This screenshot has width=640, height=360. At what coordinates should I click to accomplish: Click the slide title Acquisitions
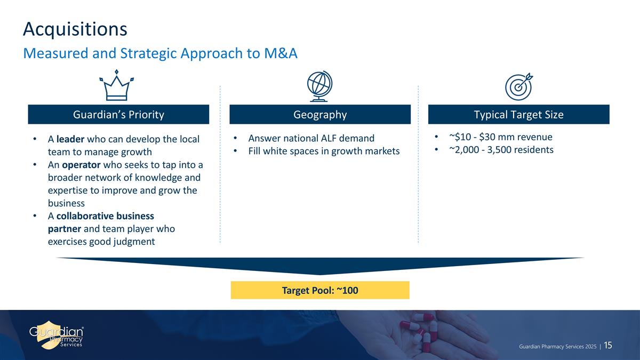(75, 29)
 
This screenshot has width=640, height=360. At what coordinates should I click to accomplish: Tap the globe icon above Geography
(319, 86)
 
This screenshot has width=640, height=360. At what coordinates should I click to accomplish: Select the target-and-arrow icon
(519, 86)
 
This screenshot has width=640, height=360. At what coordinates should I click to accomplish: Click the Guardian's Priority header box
(118, 114)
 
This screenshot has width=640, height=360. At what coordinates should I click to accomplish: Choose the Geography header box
(320, 114)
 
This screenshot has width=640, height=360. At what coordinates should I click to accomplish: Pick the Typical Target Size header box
(519, 114)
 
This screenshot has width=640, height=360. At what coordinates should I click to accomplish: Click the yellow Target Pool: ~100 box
(320, 290)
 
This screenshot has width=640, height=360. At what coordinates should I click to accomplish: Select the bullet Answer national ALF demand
(311, 139)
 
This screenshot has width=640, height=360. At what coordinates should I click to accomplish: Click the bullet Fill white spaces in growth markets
(324, 151)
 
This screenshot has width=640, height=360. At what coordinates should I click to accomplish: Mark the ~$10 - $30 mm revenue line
(497, 137)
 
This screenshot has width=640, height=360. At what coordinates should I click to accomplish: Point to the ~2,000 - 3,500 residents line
(501, 150)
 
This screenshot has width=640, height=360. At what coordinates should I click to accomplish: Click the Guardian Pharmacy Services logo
(57, 334)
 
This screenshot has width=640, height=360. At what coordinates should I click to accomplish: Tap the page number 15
(607, 346)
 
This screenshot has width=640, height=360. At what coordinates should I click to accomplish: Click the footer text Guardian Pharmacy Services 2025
(557, 347)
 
